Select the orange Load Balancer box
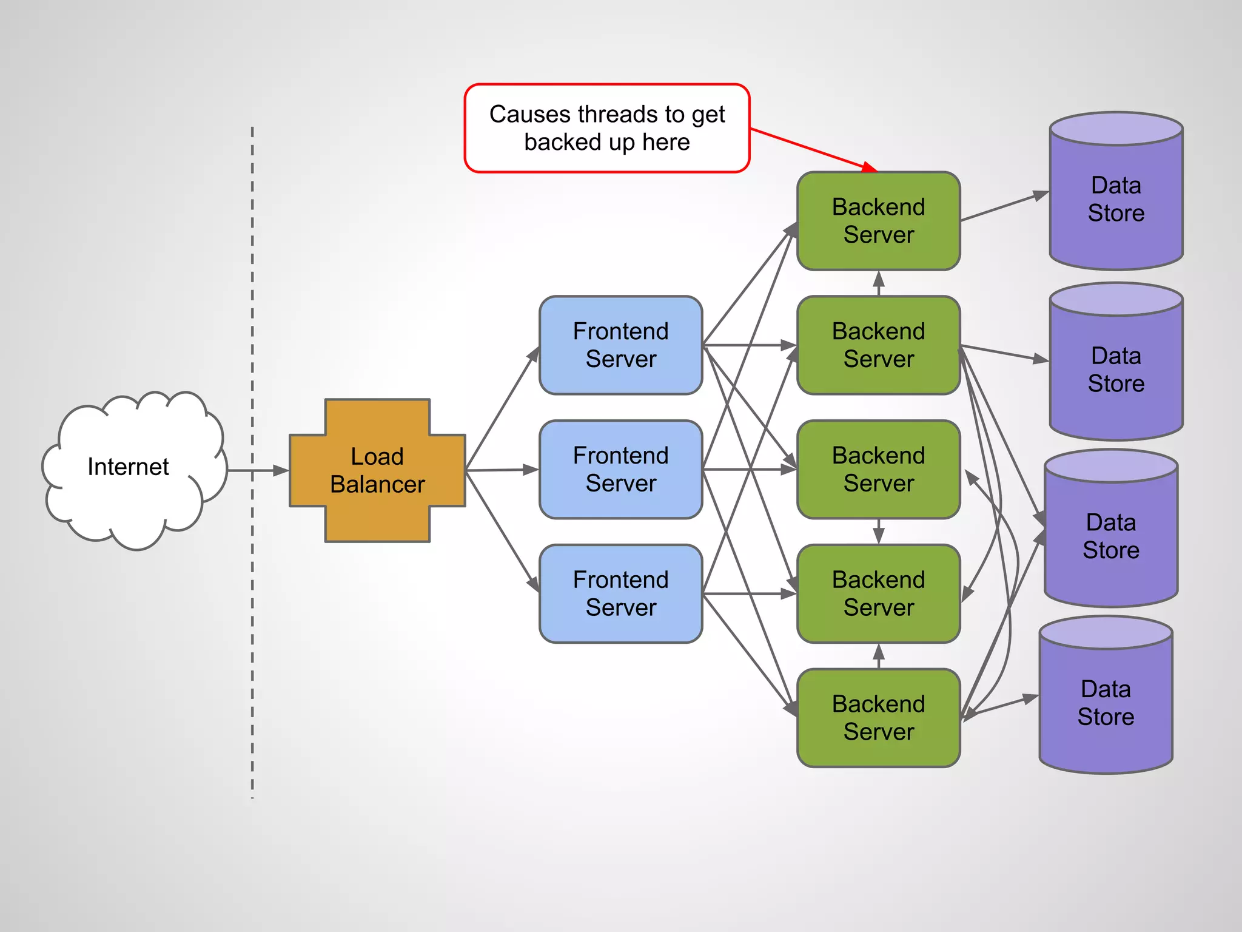[377, 470]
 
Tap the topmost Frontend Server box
[620, 345]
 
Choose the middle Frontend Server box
[620, 470]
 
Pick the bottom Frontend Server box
[620, 593]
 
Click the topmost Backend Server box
[878, 221]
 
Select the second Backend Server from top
[878, 345]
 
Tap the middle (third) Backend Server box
[878, 470]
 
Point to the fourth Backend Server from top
[878, 593]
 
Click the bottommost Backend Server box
[878, 718]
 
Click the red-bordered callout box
[607, 128]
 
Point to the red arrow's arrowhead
[870, 167]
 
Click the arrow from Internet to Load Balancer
[257, 470]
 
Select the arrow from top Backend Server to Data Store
[1004, 207]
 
